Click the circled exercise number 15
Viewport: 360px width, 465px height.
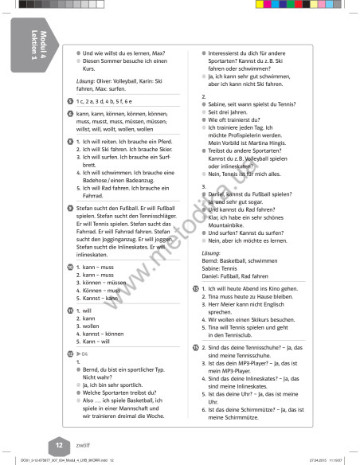(197, 348)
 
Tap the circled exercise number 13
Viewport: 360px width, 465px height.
(197, 287)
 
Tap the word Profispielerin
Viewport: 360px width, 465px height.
(237, 135)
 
